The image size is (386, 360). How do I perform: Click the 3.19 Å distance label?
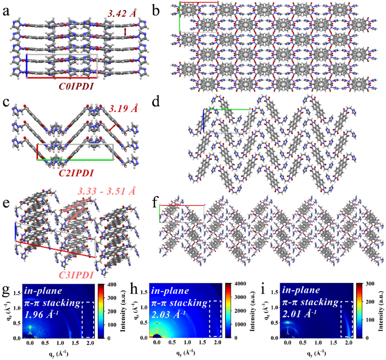(x=124, y=109)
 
